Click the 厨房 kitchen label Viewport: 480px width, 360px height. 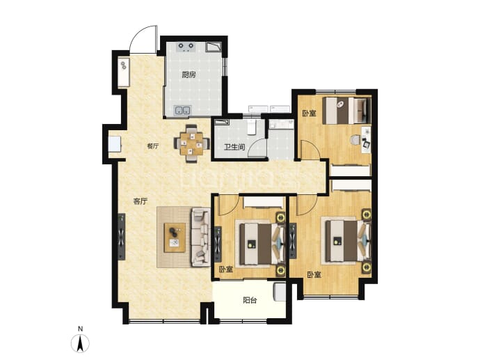[x=189, y=75]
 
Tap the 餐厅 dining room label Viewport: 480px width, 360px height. [x=153, y=146]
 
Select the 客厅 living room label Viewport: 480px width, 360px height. [x=141, y=201]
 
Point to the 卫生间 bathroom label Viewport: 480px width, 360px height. [x=234, y=147]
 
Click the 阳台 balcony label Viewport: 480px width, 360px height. [x=250, y=300]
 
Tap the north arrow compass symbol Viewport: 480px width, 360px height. [x=80, y=343]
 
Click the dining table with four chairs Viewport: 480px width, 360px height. [x=192, y=143]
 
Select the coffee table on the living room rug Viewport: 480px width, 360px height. [x=175, y=237]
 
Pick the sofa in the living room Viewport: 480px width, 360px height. [x=201, y=237]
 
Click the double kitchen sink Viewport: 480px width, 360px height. [x=182, y=110]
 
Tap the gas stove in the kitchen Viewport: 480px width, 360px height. [x=186, y=47]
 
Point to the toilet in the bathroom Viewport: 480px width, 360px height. [x=251, y=127]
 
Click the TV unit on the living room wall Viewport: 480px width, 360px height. [x=122, y=237]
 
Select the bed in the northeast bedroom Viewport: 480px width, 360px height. [x=346, y=111]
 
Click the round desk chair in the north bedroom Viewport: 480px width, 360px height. [x=355, y=140]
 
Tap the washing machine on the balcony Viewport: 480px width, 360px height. [x=279, y=292]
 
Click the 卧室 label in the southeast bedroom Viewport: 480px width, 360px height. [x=314, y=275]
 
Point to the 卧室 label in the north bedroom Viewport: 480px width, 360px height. [x=309, y=114]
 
